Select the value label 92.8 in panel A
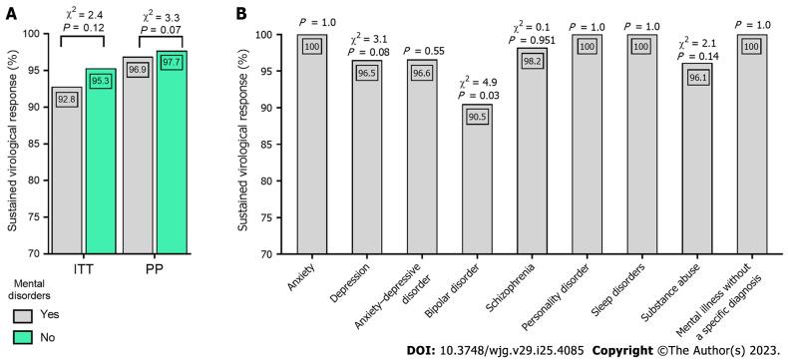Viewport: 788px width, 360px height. click(66, 101)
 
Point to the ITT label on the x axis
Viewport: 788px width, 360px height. click(83, 270)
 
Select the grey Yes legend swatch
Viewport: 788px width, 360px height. click(23, 314)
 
